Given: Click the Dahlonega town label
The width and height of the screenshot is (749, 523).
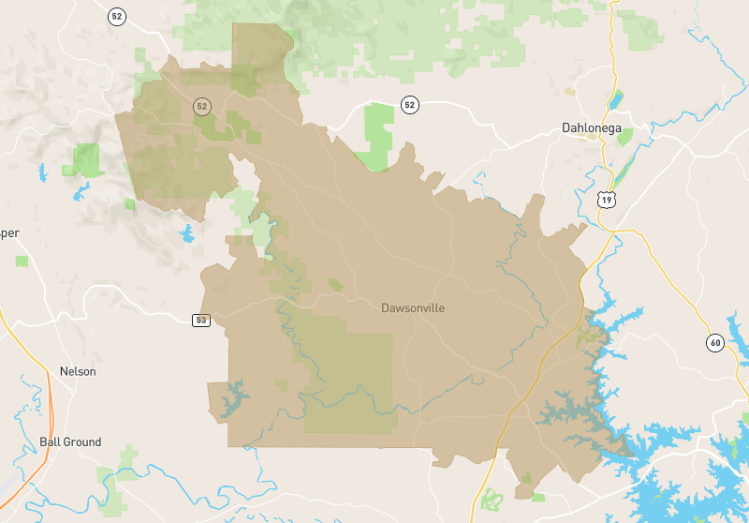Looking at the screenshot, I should (592, 128).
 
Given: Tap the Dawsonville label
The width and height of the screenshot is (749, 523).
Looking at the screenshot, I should (413, 307).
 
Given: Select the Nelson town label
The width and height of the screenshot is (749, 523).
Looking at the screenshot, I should (78, 371).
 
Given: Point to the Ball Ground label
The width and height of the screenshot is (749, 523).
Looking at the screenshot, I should (70, 441).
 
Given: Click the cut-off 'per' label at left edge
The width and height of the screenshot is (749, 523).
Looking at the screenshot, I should (9, 233).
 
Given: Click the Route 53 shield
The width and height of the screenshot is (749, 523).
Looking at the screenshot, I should (201, 321).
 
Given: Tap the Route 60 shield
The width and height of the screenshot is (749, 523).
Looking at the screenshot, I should (715, 342).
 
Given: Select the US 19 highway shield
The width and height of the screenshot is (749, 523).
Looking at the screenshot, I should (608, 200).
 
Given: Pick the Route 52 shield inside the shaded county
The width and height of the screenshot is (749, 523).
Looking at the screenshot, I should (201, 106).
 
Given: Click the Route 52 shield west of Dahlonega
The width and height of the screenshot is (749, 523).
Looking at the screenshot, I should (409, 104).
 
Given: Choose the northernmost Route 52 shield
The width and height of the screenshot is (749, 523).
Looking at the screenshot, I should (116, 16).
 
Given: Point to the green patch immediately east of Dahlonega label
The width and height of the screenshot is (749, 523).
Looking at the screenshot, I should (624, 137).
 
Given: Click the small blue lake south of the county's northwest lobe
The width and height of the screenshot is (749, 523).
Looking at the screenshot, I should (187, 232).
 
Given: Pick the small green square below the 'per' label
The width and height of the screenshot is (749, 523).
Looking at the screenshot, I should (21, 261).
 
